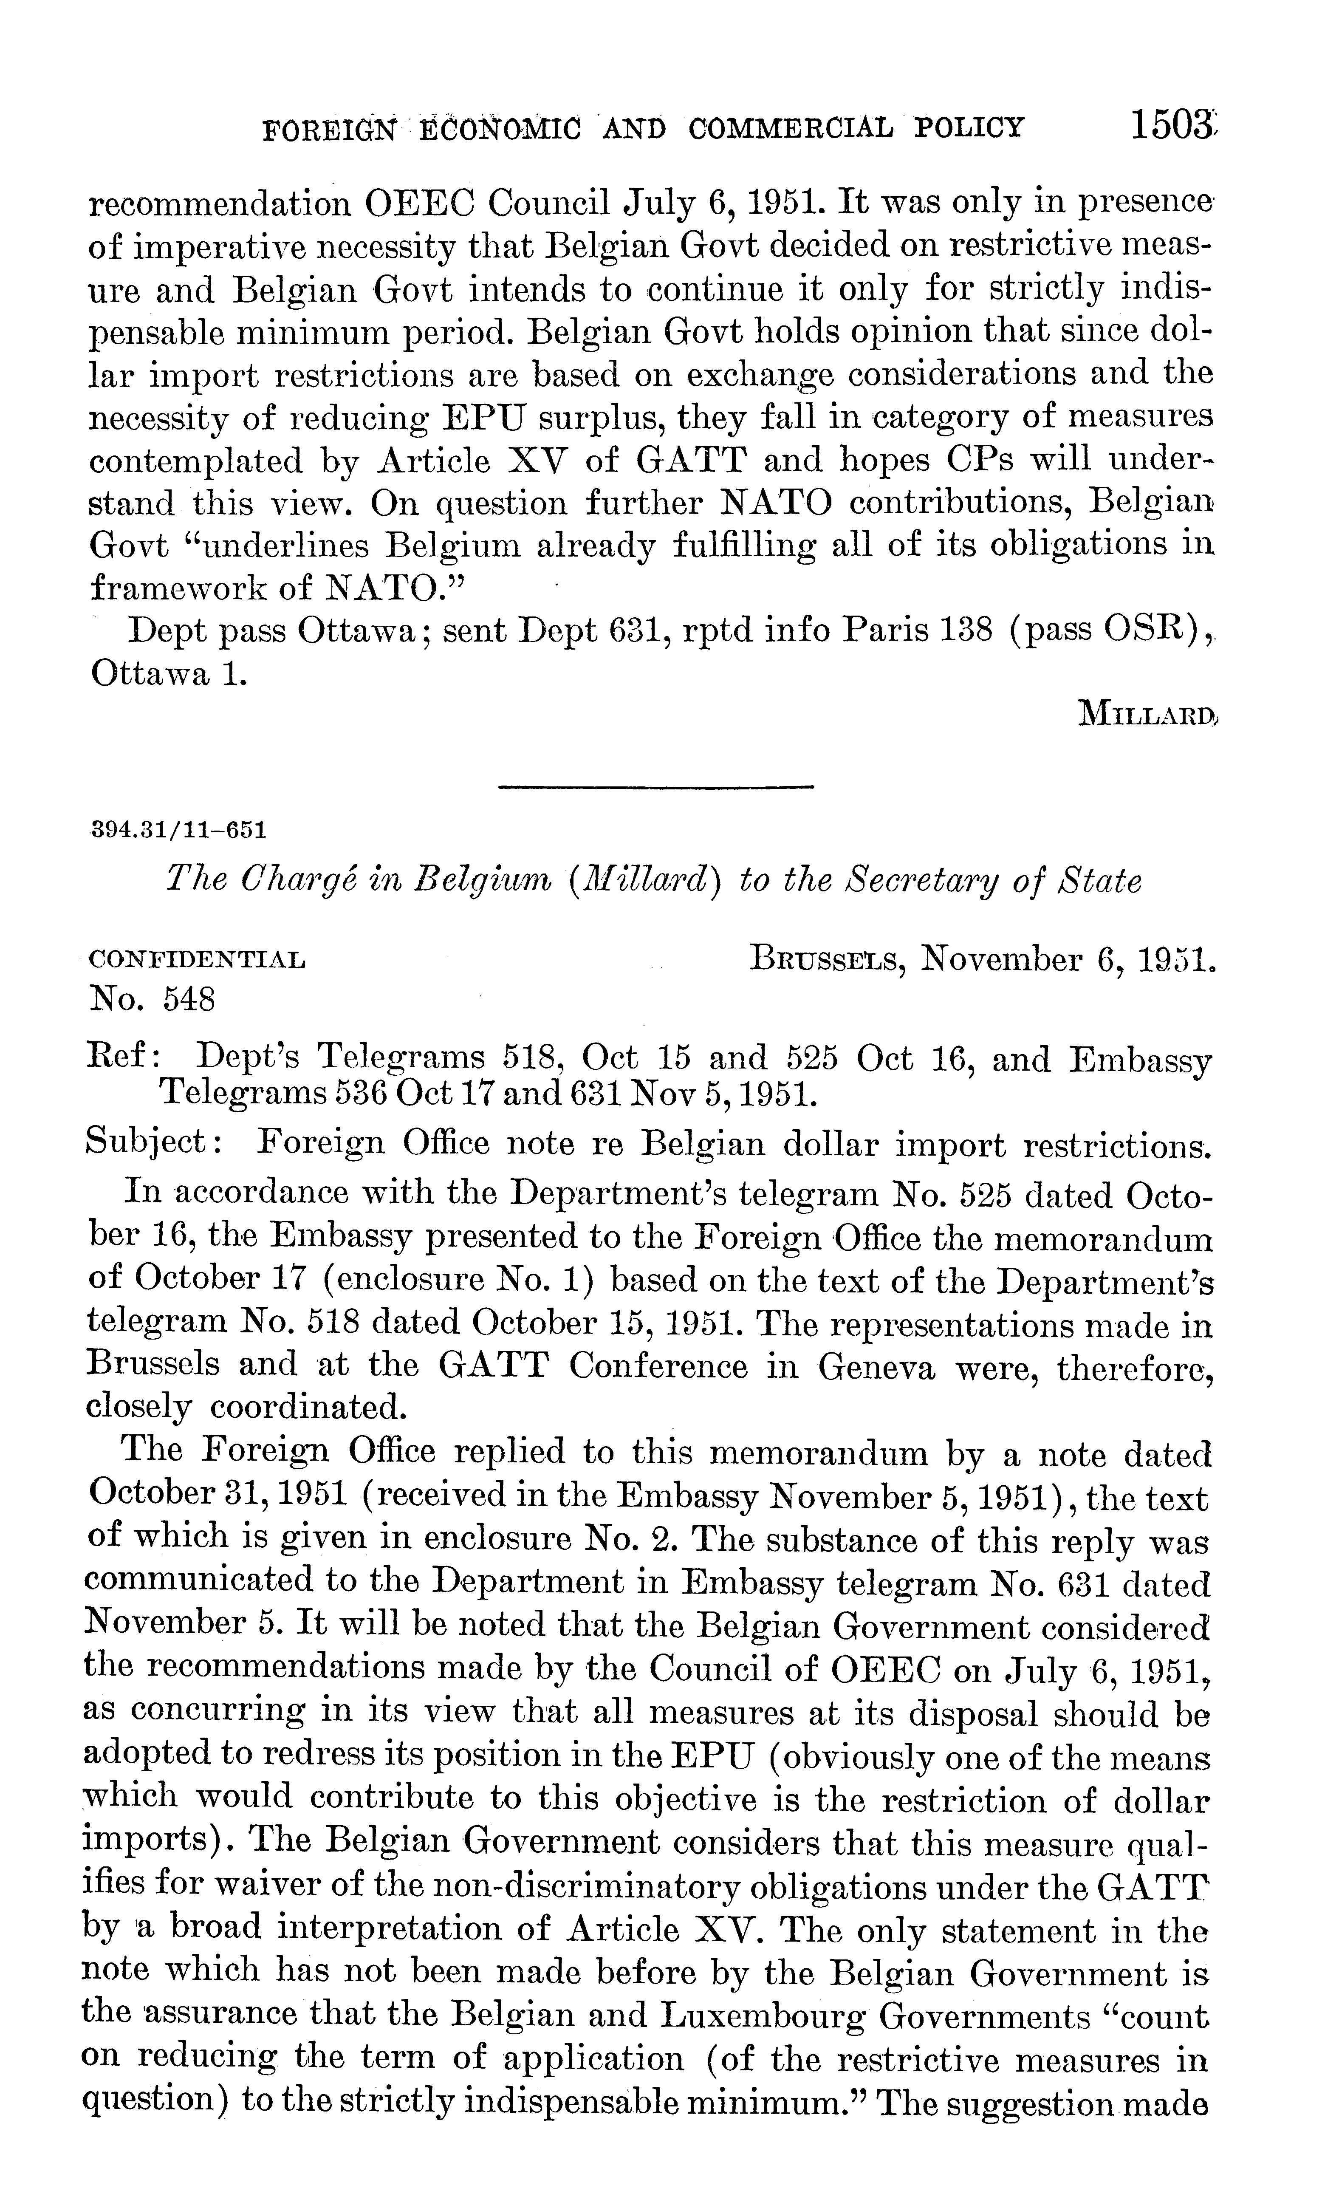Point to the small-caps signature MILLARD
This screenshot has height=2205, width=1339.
(1148, 713)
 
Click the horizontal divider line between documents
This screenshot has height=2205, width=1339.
(654, 786)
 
